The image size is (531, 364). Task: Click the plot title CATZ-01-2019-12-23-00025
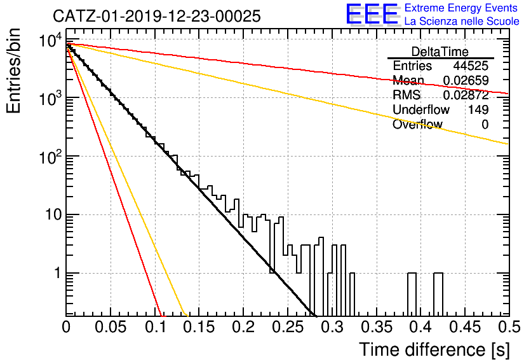(x=157, y=16)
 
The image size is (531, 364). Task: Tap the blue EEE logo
(x=372, y=14)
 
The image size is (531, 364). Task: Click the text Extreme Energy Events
(x=461, y=8)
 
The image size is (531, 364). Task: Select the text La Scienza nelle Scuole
(x=462, y=22)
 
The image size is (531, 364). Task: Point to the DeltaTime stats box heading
(x=440, y=52)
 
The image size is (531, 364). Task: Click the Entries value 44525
(x=471, y=66)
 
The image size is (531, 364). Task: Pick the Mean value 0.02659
(x=466, y=80)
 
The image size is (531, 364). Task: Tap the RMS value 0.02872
(x=466, y=95)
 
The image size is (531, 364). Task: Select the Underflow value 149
(x=478, y=109)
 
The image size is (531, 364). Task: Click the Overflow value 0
(x=485, y=125)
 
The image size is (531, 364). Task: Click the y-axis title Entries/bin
(x=13, y=71)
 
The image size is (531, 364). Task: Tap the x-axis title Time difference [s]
(x=434, y=349)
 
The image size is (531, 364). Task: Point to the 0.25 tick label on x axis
(x=288, y=327)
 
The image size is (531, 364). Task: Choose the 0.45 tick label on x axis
(x=466, y=327)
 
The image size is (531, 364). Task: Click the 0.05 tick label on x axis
(x=111, y=327)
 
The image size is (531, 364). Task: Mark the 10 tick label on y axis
(x=53, y=214)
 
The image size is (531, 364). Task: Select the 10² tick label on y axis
(x=50, y=157)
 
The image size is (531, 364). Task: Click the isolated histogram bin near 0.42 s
(x=438, y=294)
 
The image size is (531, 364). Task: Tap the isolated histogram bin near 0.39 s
(x=412, y=294)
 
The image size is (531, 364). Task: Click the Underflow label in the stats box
(x=421, y=109)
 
